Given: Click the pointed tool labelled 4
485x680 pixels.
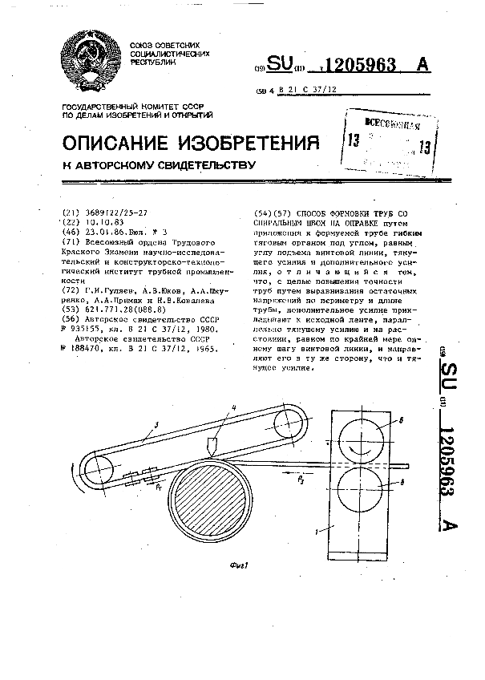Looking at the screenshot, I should [x=210, y=444].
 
